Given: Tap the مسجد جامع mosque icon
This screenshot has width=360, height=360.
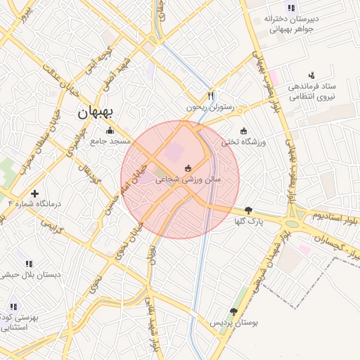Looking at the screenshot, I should (x=110, y=130).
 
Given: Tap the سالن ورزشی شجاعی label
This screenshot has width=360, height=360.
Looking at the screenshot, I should (x=188, y=180).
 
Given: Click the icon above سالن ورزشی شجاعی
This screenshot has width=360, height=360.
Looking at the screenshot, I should (x=188, y=168).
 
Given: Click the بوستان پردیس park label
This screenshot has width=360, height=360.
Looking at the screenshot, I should (x=234, y=323).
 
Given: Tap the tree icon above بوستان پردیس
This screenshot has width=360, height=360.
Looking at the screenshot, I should (x=233, y=311).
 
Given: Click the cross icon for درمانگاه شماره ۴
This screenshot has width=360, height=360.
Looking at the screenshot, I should (x=34, y=193).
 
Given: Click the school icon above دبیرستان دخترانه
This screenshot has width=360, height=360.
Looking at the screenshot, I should (x=291, y=8).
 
